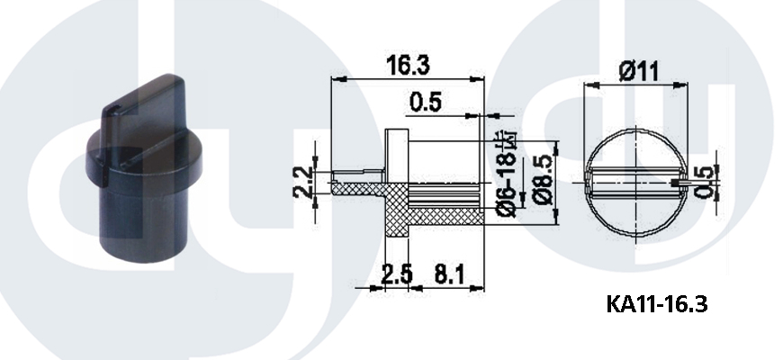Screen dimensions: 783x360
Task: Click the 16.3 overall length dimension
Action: [408, 65]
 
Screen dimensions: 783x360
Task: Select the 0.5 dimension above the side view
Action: [426, 103]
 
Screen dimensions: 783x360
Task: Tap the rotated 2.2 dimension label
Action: [303, 183]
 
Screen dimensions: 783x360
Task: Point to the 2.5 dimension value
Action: [397, 274]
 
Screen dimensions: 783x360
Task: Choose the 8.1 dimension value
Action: [449, 274]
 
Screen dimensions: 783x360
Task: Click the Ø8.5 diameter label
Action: [543, 180]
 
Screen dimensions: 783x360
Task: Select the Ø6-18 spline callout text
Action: [508, 174]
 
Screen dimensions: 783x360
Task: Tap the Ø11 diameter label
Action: [639, 71]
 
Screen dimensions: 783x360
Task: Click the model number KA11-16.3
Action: [657, 303]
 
